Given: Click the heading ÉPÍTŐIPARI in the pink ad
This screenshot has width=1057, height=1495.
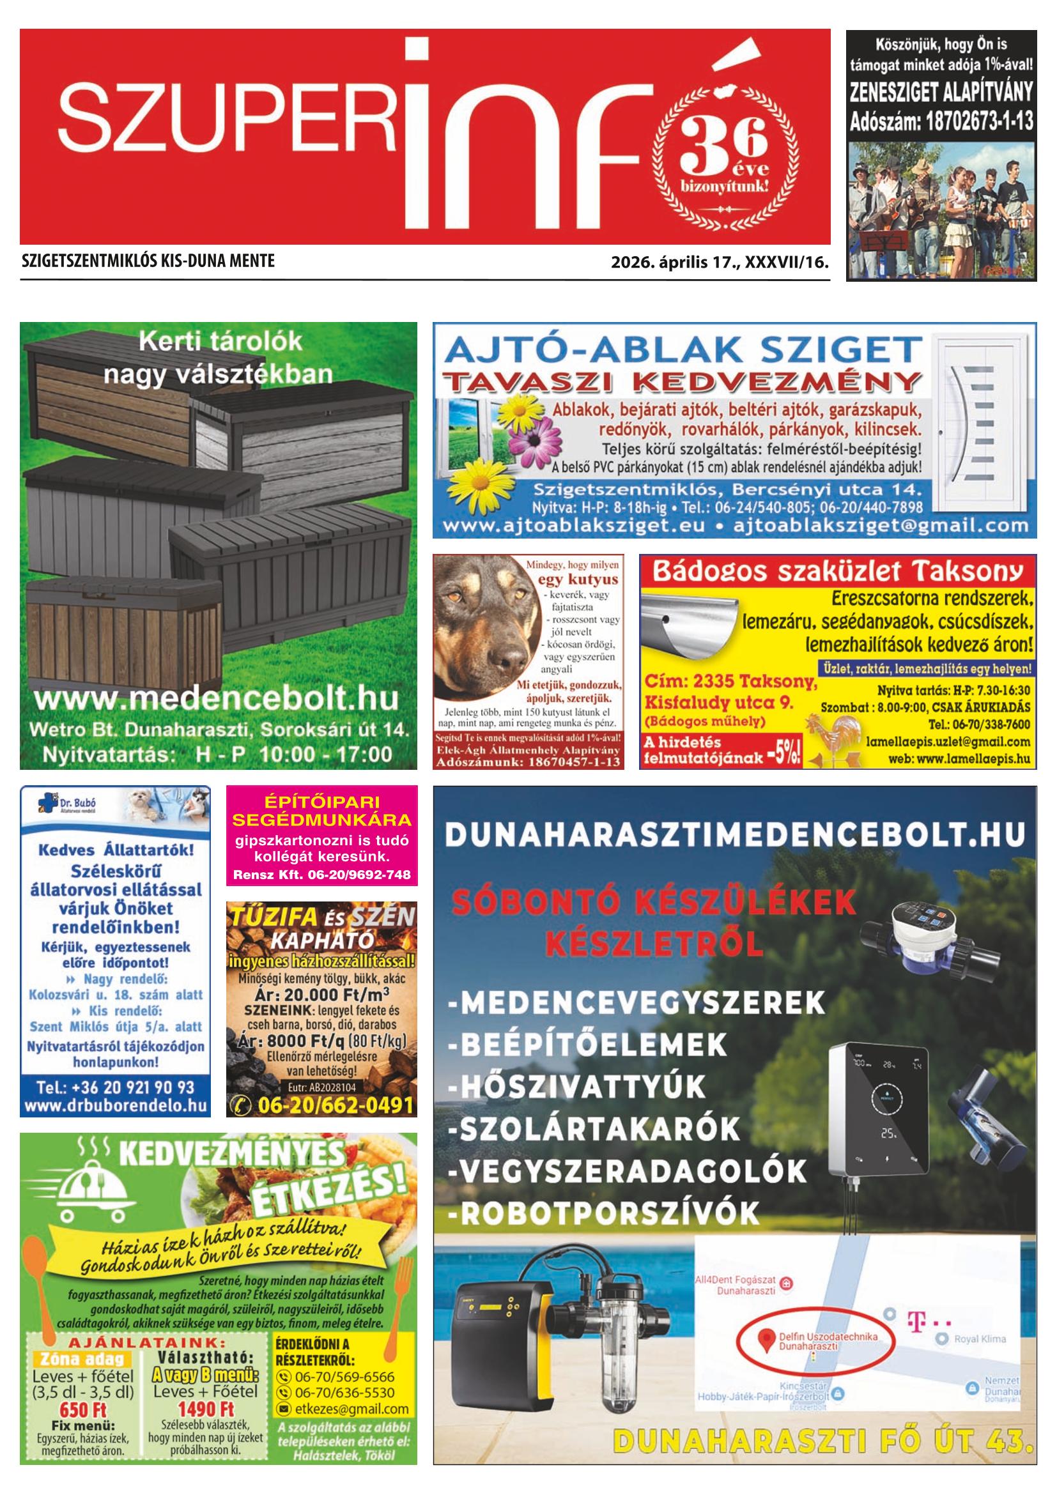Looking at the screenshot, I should [x=321, y=802].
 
